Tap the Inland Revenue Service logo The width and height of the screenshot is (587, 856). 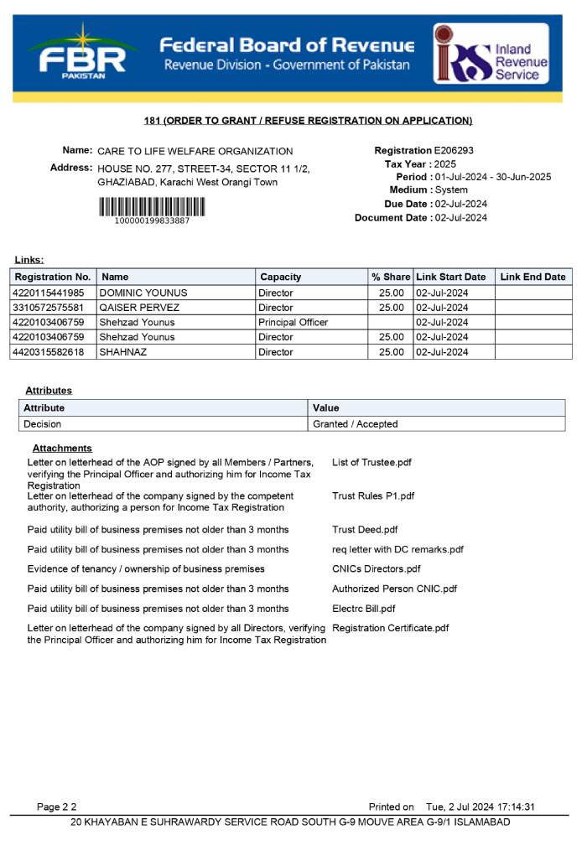(491, 54)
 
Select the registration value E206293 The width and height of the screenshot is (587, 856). (454, 151)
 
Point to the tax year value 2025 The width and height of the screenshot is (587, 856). (445, 164)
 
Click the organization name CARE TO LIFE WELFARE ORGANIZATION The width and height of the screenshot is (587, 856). (195, 152)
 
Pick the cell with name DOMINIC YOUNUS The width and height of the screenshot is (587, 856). (143, 293)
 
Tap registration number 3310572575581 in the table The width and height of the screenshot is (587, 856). (49, 308)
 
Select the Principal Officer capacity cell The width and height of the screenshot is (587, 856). (293, 323)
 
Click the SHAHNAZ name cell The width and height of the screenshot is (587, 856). (124, 352)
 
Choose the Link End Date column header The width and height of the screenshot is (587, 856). (532, 278)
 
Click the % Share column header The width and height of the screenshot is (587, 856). (391, 278)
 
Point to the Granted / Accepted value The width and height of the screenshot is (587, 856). (355, 424)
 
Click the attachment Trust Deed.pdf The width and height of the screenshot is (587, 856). (365, 530)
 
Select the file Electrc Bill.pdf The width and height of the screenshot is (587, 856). (363, 609)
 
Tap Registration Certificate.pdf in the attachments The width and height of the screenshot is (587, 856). (390, 628)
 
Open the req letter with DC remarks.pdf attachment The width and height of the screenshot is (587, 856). (397, 550)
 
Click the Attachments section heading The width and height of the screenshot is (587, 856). (62, 449)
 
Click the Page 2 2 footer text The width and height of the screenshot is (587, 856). (56, 807)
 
